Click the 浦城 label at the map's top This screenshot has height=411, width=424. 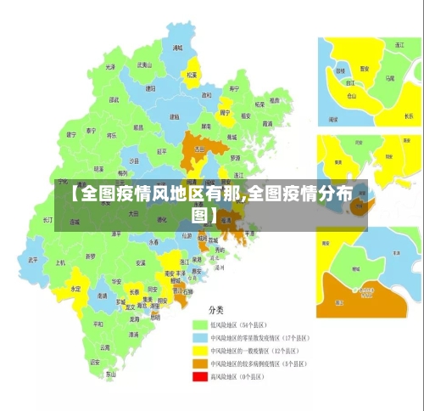(x=177, y=48)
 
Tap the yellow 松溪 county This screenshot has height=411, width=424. (x=192, y=72)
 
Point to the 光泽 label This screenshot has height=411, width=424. (x=110, y=66)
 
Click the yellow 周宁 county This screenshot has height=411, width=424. (x=226, y=111)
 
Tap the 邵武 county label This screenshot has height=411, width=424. (x=113, y=99)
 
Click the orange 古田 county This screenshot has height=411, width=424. (x=200, y=148)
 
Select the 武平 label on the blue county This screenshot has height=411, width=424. (x=32, y=260)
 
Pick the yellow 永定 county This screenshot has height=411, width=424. (x=75, y=289)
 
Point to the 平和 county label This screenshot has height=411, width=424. (x=98, y=324)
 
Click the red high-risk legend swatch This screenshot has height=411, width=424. (x=200, y=375)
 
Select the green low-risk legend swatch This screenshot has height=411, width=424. (x=200, y=324)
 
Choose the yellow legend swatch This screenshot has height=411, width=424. (x=200, y=349)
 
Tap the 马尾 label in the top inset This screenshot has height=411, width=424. (x=389, y=77)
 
